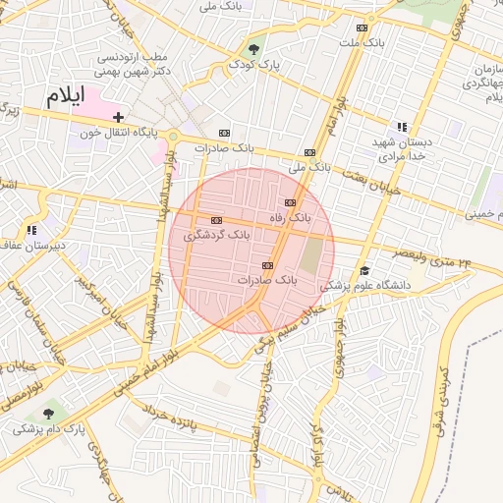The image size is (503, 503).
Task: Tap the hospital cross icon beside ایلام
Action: pos(118,117)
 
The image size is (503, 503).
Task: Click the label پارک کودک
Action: pos(255,64)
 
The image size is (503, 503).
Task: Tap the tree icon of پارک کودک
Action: pos(255,47)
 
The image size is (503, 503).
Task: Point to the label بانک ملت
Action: pos(361,43)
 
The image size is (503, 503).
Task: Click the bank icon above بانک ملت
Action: pos(362,28)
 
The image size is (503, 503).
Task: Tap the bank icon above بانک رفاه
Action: pos(290,202)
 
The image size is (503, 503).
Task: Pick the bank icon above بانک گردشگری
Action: pos(217,220)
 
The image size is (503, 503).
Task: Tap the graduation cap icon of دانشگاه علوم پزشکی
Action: pos(364,270)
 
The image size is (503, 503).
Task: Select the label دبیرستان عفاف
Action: pos(33,245)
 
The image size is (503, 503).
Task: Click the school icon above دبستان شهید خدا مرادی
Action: pos(401,127)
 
